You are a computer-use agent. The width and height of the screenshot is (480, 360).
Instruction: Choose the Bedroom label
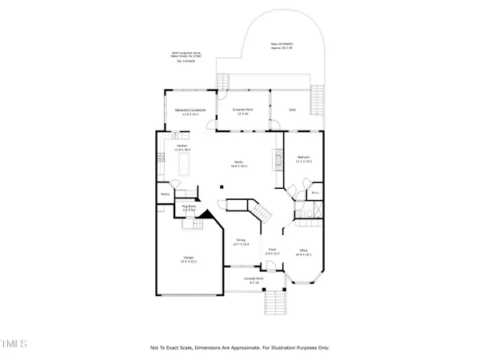coord(304,158)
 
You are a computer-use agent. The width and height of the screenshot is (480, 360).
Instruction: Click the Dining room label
coord(241,241)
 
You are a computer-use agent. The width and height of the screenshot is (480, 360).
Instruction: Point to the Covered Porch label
coord(255,281)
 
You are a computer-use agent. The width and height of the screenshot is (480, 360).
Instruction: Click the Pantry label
coord(166,194)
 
